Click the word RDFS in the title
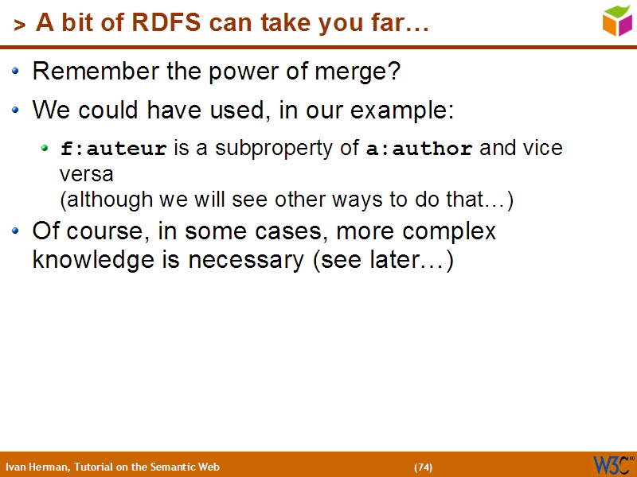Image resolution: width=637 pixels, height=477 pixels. click(172, 24)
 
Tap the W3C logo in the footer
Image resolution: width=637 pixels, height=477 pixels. click(612, 464)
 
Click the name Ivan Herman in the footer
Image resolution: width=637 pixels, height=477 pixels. click(37, 467)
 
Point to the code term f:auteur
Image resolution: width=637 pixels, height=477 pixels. click(114, 149)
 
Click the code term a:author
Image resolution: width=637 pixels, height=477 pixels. click(419, 149)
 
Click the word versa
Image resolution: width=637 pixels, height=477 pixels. click(86, 173)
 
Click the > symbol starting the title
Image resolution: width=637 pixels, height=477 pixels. click(20, 25)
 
